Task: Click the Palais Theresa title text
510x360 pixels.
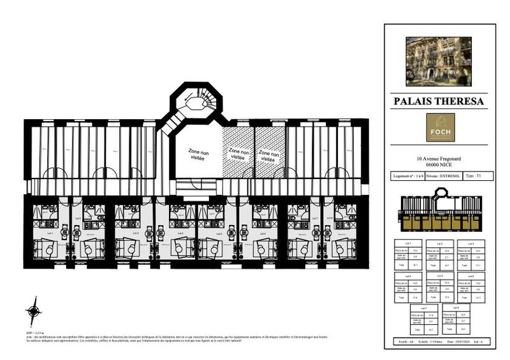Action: (439, 101)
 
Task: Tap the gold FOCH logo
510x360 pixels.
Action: (441, 127)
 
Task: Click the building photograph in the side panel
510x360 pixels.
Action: (439, 61)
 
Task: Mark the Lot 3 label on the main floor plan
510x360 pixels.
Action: (136, 233)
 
